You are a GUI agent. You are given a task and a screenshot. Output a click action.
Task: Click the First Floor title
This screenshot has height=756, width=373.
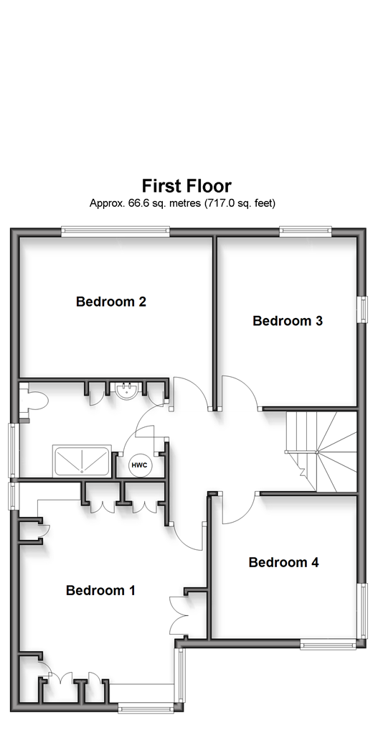(186, 186)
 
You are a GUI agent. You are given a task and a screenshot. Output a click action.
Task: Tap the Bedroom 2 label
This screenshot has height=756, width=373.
(111, 302)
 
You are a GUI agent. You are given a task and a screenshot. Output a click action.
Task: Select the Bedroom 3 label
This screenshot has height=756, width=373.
(287, 321)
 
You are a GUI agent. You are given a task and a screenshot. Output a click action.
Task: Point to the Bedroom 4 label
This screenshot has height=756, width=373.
(283, 562)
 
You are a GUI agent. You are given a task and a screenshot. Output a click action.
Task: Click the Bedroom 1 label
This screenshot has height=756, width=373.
(100, 590)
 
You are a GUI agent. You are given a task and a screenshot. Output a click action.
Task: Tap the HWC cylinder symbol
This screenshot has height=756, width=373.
(140, 466)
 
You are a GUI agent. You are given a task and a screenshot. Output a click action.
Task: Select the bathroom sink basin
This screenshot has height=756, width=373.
(128, 390)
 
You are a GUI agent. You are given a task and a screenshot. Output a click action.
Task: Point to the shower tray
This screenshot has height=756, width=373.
(82, 460)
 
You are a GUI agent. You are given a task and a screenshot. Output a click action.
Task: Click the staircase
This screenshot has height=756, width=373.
(321, 452)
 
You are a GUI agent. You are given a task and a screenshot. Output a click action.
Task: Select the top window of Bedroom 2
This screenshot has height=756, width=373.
(115, 233)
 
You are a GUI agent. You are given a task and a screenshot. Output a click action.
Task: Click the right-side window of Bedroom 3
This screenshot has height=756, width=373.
(361, 309)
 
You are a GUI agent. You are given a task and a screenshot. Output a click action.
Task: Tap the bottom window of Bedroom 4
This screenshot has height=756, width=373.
(329, 643)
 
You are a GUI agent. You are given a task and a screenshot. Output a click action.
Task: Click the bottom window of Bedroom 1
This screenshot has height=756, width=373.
(146, 709)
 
